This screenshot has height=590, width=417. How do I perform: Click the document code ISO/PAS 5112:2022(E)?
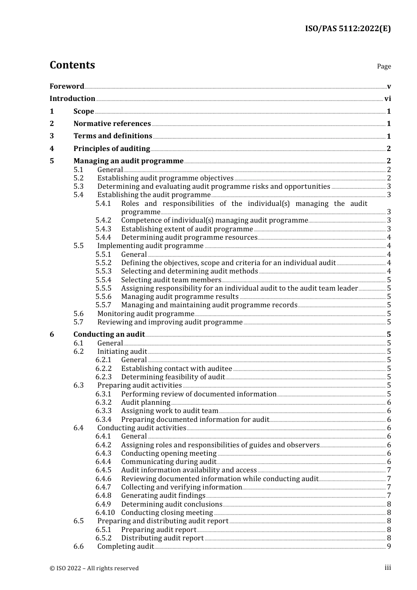(x=348, y=29)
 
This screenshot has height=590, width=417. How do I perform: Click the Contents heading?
(x=72, y=65)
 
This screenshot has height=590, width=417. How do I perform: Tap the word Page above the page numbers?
(x=384, y=66)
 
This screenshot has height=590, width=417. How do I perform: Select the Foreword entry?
(x=67, y=86)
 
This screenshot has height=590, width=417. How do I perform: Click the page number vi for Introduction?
(x=388, y=99)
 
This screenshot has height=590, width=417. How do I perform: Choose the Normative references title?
(x=112, y=124)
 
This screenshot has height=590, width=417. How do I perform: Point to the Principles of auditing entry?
(x=111, y=149)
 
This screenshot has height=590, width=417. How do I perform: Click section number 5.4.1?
(x=103, y=204)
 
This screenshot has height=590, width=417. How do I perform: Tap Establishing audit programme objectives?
(x=165, y=178)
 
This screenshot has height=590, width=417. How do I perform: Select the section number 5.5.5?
(x=103, y=288)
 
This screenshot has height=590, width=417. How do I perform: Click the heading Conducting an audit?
(x=109, y=335)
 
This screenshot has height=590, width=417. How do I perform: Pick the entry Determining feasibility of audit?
(x=173, y=377)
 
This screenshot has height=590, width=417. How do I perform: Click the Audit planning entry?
(x=145, y=403)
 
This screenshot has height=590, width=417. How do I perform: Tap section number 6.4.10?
(x=105, y=513)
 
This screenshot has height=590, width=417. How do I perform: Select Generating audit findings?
(x=163, y=496)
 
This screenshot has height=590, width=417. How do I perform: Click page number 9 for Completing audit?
(x=388, y=547)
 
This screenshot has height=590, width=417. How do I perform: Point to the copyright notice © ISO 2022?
(x=94, y=568)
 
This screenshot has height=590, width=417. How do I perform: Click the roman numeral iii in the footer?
(x=388, y=568)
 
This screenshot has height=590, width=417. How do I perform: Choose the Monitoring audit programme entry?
(x=145, y=314)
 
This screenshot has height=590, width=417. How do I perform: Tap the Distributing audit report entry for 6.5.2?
(x=162, y=538)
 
